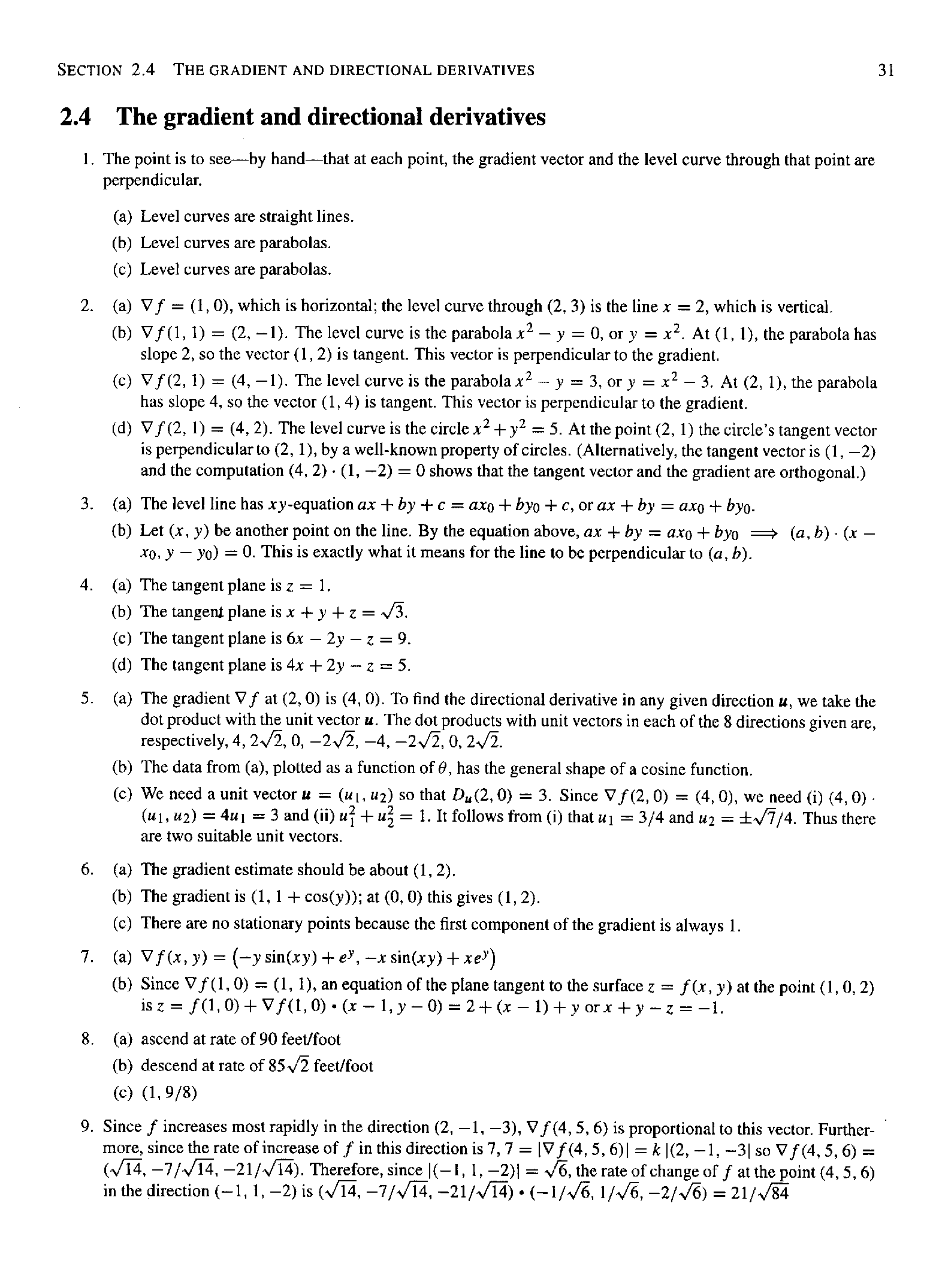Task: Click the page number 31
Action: coord(886,71)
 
